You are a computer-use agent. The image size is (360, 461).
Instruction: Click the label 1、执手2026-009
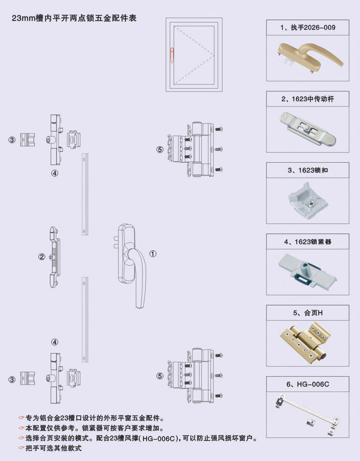tap(308, 27)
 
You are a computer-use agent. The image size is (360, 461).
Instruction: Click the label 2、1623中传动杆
tap(308, 98)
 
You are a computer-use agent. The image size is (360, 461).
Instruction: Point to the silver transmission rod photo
tap(307, 128)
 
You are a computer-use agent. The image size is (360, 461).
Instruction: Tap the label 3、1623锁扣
tap(308, 169)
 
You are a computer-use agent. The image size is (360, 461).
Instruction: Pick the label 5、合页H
tap(308, 312)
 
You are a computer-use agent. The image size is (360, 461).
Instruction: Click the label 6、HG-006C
tap(308, 383)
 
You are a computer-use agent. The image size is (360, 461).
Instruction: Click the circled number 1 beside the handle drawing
tap(153, 253)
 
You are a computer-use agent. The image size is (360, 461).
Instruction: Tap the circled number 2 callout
tap(42, 255)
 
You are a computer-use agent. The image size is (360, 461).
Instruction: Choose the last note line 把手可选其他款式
tap(54, 448)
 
